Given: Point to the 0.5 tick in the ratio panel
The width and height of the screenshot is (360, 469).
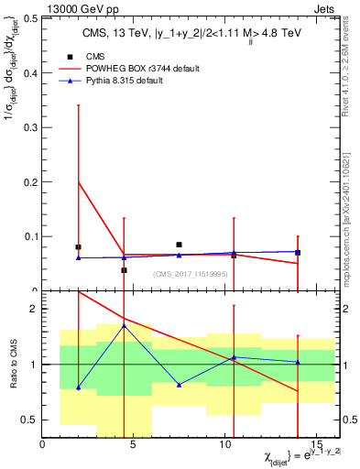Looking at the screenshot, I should click(31, 420).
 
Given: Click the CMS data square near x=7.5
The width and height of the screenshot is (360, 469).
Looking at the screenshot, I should click(179, 245).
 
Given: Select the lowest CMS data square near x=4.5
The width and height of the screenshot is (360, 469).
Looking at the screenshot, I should click(124, 270).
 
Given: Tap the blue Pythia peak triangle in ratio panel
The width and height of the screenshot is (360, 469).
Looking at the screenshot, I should click(124, 326).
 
